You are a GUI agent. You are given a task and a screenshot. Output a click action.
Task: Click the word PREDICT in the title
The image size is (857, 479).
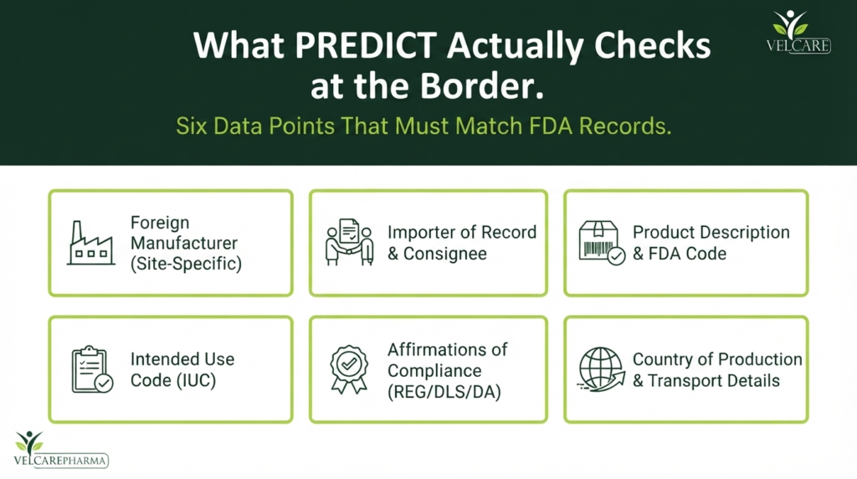[367, 45]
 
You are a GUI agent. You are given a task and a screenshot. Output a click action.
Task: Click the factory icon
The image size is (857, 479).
[90, 243]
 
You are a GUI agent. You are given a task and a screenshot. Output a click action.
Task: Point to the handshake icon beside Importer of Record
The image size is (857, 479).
[350, 242]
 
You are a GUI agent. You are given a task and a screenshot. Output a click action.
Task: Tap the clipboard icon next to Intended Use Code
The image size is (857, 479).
[92, 369]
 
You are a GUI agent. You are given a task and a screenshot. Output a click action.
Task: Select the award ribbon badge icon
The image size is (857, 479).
[349, 369]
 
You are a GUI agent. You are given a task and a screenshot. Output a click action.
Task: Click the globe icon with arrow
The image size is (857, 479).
[601, 369]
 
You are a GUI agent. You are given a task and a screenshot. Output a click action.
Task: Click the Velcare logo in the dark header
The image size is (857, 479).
[798, 32]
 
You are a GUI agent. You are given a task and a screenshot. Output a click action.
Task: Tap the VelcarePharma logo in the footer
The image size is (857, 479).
[60, 450]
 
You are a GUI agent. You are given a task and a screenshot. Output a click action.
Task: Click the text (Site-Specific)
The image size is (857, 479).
[186, 264]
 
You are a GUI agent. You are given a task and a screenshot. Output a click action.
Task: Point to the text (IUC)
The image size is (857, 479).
[194, 380]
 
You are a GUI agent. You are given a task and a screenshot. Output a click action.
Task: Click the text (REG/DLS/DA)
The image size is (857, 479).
[444, 392]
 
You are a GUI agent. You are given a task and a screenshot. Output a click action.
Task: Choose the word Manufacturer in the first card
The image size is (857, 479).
[183, 243]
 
